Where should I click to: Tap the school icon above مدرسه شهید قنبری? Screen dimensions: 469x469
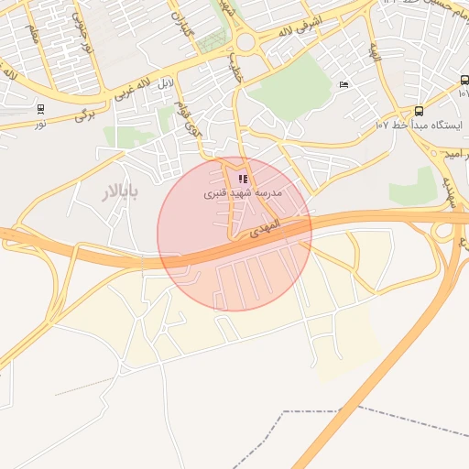pos(242,180)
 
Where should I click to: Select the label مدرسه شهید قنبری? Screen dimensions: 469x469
pos(242,194)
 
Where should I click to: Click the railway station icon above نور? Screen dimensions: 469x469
pos(40,109)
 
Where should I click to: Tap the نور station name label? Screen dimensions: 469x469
pos(40,123)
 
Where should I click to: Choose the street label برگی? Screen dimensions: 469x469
pos(84,113)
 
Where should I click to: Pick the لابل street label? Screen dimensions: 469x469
pos(165,85)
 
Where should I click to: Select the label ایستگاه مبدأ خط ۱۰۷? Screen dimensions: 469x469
pos(420,125)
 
